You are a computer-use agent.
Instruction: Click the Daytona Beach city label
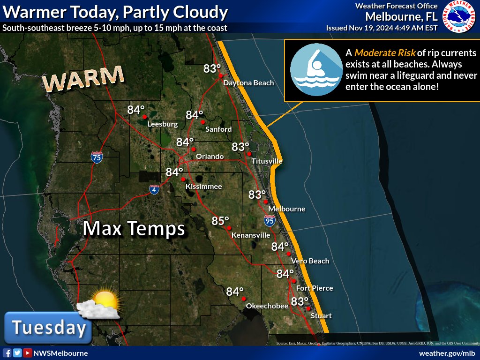(x=248, y=83)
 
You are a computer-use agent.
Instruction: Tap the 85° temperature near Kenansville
(x=220, y=220)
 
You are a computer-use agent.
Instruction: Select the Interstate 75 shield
(x=97, y=157)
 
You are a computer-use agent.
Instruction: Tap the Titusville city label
(x=267, y=161)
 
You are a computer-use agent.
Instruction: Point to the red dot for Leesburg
(x=145, y=117)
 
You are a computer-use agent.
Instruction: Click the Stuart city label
(x=322, y=316)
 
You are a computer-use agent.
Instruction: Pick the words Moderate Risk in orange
(x=385, y=52)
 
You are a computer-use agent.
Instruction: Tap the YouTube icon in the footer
(x=28, y=353)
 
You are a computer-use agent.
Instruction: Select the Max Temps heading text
(x=134, y=229)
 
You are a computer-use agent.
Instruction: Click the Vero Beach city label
(x=310, y=261)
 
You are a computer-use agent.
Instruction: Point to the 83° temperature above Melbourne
(x=257, y=195)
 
